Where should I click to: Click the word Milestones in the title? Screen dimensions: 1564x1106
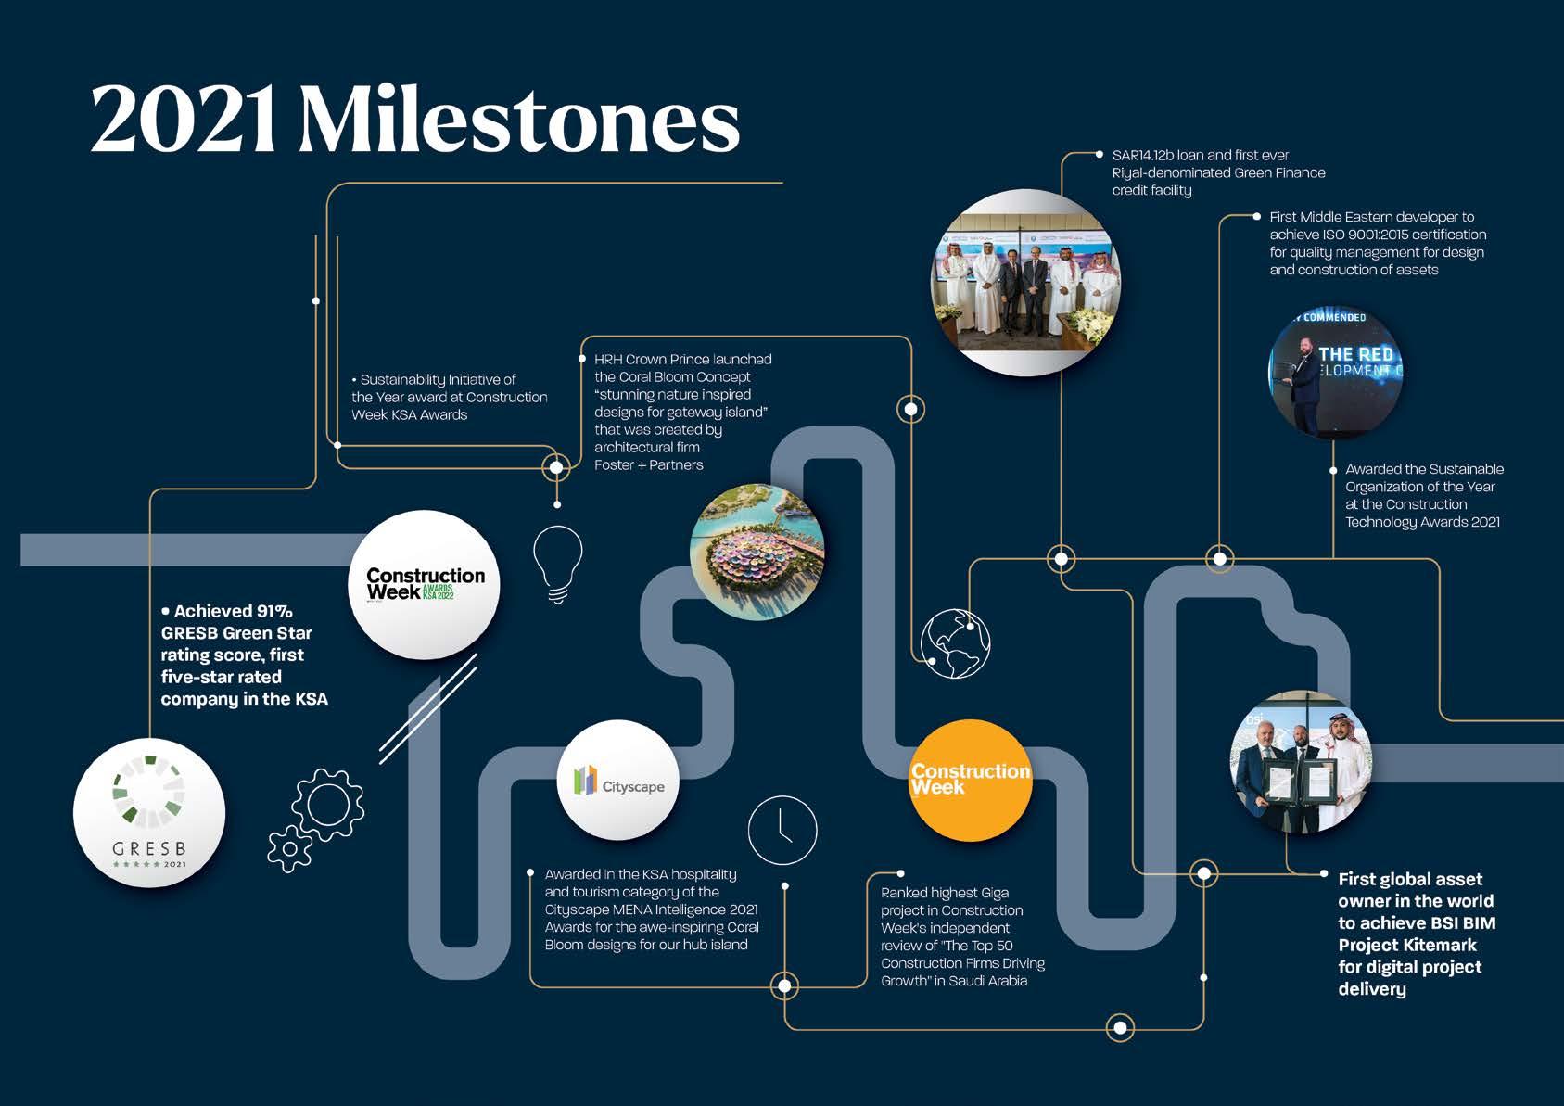tap(518, 121)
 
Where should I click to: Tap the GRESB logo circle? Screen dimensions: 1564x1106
tap(149, 812)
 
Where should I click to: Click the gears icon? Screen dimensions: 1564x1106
tap(316, 820)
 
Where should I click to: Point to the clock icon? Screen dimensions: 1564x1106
tap(782, 830)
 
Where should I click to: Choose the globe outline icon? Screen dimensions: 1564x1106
tap(956, 642)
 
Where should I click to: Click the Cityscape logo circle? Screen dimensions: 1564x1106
tap(618, 781)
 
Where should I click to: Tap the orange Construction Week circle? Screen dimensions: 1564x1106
tap(970, 781)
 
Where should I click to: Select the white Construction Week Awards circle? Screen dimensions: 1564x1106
tap(424, 584)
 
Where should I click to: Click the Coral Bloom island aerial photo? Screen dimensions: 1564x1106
tap(757, 552)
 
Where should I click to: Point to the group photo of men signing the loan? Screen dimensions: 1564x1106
tap(1024, 282)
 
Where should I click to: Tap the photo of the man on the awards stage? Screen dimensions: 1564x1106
tap(1335, 374)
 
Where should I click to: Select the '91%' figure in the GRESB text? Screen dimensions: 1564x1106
tap(274, 611)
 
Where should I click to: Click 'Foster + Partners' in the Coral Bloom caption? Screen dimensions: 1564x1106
tap(648, 464)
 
